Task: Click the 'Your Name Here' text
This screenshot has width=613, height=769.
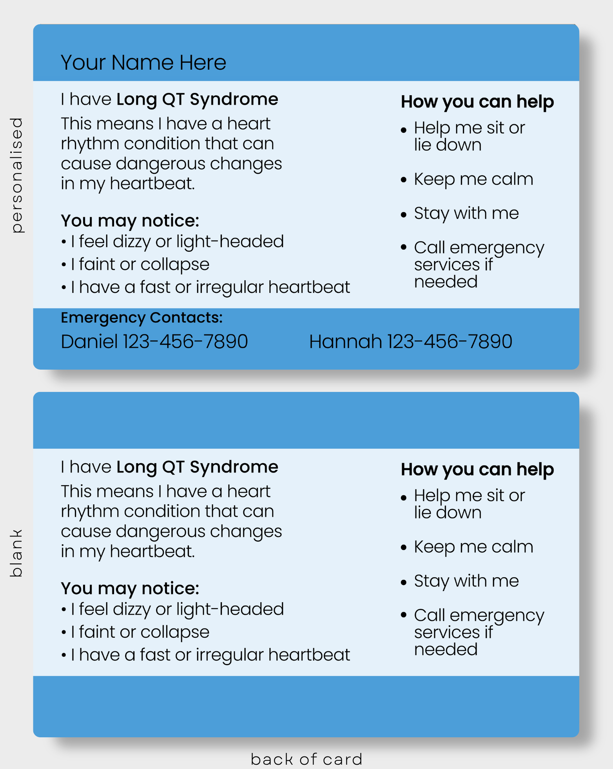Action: tap(143, 63)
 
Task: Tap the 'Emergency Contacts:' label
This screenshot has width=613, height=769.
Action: tap(141, 318)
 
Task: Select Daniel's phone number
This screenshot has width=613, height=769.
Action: tap(185, 341)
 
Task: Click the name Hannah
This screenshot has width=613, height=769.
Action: tap(345, 341)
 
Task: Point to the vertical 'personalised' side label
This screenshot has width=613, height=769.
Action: tap(17, 175)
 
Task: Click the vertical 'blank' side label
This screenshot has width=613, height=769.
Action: tap(16, 553)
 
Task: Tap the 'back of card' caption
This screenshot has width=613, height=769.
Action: tap(306, 759)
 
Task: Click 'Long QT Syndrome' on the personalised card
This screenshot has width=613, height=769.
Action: tap(197, 99)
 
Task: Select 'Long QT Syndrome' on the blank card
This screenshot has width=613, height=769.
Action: tap(197, 467)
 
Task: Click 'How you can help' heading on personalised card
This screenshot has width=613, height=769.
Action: tap(477, 102)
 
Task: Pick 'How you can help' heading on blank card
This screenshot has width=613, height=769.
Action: tap(477, 470)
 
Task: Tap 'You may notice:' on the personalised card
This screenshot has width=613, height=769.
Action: tap(130, 221)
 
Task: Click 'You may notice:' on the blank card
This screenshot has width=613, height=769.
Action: tap(130, 589)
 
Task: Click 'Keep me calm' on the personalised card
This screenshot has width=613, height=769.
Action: tap(473, 179)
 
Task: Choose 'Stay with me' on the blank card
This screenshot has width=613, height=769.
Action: tap(466, 581)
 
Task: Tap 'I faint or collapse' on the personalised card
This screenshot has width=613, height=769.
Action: tap(140, 265)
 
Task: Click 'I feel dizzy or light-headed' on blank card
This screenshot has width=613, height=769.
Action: tap(177, 610)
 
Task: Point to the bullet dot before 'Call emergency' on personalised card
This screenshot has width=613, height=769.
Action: tap(404, 247)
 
